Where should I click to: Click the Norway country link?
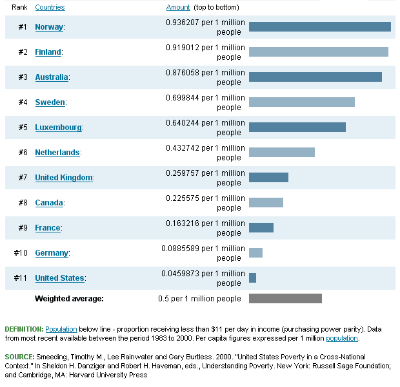49,27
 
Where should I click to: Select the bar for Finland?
319,52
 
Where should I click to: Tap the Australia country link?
51,77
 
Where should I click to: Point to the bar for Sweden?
302,102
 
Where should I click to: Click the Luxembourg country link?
58,127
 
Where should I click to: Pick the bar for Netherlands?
282,152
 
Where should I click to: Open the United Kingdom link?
64,178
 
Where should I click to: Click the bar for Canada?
266,202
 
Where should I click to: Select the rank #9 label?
23,228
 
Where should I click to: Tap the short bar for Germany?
255,252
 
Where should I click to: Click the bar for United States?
252,278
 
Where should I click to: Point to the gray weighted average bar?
285,298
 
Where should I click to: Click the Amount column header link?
178,7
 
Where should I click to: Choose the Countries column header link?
50,7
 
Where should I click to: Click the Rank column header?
19,7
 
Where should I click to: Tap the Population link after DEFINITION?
61,328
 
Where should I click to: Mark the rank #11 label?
21,278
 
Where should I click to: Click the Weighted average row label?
69,299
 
